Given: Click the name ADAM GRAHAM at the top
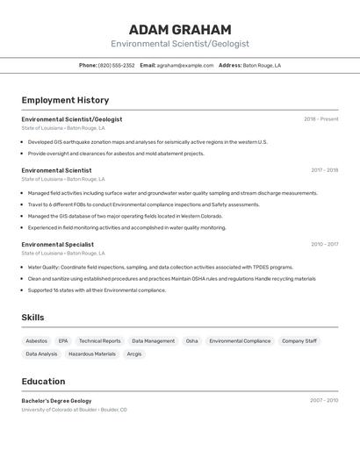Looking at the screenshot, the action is tap(180, 29).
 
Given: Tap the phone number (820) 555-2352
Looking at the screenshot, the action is tap(116, 65).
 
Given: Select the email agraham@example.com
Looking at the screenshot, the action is tap(185, 65).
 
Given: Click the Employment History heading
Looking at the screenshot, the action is tap(65, 101).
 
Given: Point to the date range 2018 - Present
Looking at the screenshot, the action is tap(320, 119).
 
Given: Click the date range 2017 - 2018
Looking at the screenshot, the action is tap(324, 170).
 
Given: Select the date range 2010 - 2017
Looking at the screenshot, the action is tap(324, 245).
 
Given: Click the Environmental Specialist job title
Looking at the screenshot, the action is tap(57, 245).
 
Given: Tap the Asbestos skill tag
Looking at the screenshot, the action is tap(37, 340).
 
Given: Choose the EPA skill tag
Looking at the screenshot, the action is tap(63, 340).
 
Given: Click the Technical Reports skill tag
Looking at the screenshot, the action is tap(99, 340).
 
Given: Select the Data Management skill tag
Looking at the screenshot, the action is tap(153, 340).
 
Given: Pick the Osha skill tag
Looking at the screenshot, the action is tap(191, 340).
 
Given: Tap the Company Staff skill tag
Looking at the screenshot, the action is tap(299, 340).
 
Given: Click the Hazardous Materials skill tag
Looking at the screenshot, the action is tap(92, 354).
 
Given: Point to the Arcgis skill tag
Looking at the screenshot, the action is tap(133, 354).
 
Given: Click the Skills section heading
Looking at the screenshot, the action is tap(32, 318).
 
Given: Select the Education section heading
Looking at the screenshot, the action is tap(43, 382).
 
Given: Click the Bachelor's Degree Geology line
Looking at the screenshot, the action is tap(56, 400).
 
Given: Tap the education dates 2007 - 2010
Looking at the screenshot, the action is tap(324, 400).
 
